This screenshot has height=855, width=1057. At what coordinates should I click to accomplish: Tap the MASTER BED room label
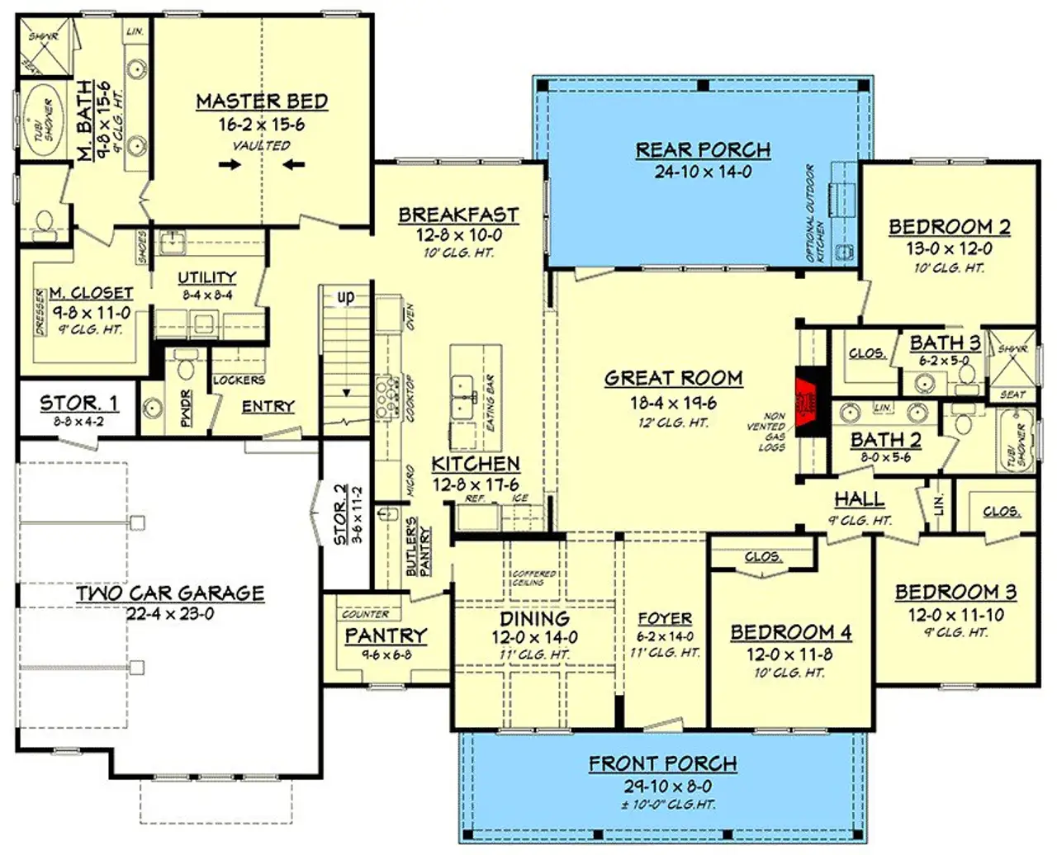coord(262,102)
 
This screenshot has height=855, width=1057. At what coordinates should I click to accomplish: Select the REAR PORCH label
coord(703,150)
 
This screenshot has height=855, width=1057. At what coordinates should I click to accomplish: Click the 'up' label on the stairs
coord(345,296)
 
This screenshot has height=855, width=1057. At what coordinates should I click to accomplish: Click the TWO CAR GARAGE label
coord(170,593)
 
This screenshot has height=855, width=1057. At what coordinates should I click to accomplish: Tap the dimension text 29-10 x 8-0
coord(662,787)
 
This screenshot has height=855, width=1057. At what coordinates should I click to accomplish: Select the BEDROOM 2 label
coord(949,227)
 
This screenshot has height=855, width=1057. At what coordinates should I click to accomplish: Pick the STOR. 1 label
coord(78,404)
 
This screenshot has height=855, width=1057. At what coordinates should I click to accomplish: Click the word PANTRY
coord(386,635)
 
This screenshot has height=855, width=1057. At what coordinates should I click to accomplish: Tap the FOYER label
coord(665,619)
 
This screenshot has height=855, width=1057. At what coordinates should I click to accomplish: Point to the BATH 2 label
coord(885,440)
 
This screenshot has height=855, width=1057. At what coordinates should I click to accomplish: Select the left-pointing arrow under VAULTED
coord(293,164)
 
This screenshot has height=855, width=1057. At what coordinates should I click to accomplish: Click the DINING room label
coord(534,619)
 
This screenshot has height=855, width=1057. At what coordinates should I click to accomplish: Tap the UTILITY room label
coord(206,277)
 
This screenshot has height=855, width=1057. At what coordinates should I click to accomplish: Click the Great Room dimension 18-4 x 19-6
coord(673,403)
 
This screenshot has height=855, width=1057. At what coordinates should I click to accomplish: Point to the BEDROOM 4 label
coord(790,633)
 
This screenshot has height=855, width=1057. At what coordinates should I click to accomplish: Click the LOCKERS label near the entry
coord(239,380)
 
